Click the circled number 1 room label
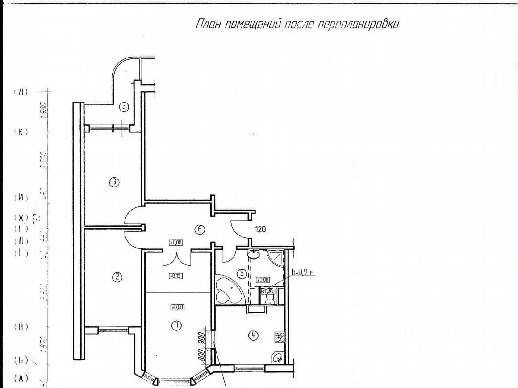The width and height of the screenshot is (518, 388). (177, 325)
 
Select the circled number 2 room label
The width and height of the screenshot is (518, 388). (117, 277)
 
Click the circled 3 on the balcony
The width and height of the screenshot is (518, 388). (124, 107)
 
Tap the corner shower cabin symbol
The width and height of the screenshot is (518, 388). (276, 258)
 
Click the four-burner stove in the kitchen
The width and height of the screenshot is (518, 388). (280, 337)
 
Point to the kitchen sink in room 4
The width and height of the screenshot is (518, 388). (278, 357)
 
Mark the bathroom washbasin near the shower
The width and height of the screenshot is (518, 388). (253, 255)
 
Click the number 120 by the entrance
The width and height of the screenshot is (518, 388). (260, 230)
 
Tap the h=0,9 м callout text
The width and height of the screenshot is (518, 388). (303, 272)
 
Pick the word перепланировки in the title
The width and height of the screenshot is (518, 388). (358, 24)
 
